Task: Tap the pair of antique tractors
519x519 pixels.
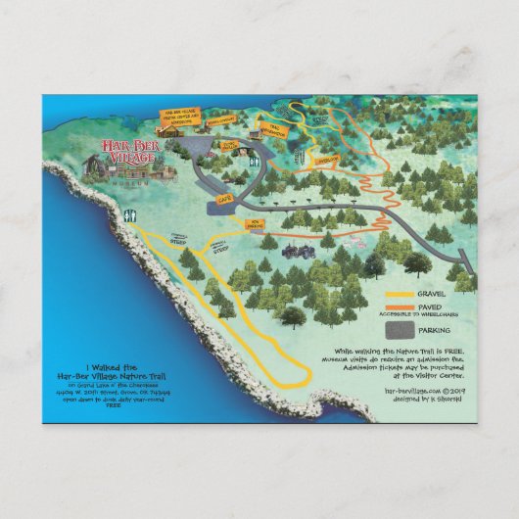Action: click(x=294, y=251)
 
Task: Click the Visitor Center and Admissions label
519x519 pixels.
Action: click(x=180, y=117)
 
